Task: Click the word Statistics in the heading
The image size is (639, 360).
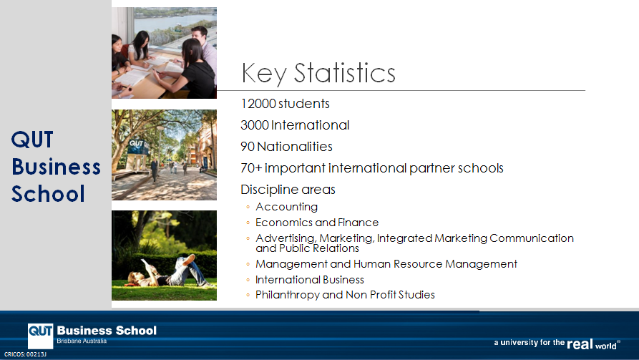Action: click(344, 73)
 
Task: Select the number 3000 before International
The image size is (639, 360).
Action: click(255, 125)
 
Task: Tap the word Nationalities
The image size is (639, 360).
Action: click(295, 147)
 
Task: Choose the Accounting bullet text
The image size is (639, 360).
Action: click(286, 207)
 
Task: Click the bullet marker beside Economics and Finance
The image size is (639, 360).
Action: click(248, 223)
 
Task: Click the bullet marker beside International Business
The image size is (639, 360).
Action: click(248, 280)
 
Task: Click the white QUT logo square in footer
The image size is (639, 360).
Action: click(40, 336)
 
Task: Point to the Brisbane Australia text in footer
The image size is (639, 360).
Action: click(82, 341)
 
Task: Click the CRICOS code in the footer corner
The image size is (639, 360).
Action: click(25, 354)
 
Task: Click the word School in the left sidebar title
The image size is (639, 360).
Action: click(48, 194)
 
